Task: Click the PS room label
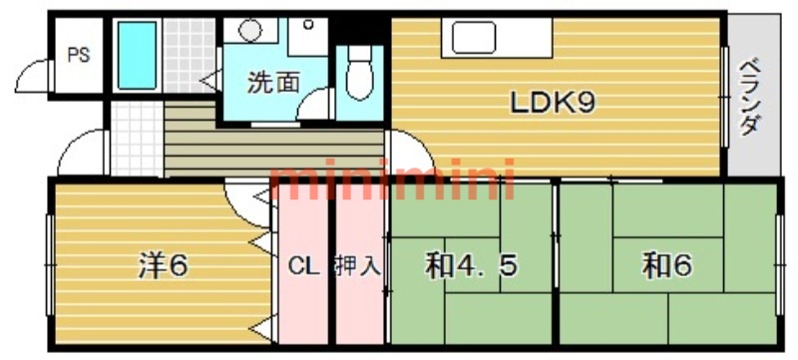pyautogui.click(x=77, y=56)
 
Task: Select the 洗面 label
pyautogui.click(x=272, y=82)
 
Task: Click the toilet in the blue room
pyautogui.click(x=356, y=75)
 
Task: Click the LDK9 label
pyautogui.click(x=554, y=103)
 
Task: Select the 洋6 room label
pyautogui.click(x=163, y=265)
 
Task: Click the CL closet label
pyautogui.click(x=304, y=266)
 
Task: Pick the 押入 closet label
pyautogui.click(x=357, y=266)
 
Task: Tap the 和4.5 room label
pyautogui.click(x=471, y=266)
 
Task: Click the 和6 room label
pyautogui.click(x=667, y=266)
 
